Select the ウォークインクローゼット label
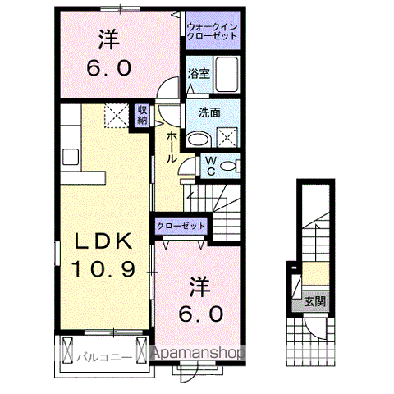[211, 32]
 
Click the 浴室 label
[198, 73]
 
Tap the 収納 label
[142, 115]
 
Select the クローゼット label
[178, 225]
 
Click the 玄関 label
[314, 301]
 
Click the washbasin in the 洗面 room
[198, 139]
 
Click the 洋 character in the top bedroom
[108, 38]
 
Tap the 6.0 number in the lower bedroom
[201, 313]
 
